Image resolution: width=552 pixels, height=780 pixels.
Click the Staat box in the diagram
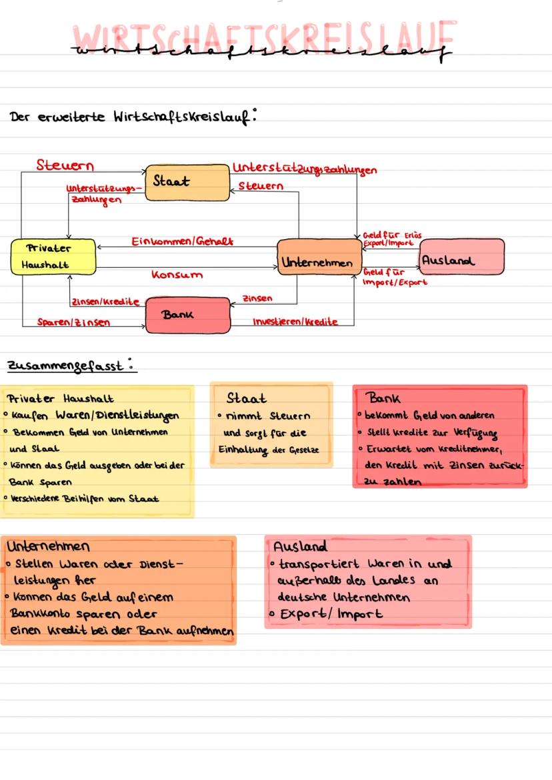point(187,182)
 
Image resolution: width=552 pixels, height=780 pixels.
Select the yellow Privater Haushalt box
point(53,256)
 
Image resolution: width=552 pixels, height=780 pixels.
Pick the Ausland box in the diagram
point(461,256)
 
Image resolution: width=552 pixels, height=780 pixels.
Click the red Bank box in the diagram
point(187,315)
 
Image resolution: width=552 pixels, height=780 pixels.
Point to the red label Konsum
point(177,274)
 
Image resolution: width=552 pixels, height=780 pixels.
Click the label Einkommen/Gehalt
point(183,240)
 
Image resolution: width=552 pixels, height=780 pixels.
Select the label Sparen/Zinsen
point(73,322)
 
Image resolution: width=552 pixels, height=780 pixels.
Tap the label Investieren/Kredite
point(295,322)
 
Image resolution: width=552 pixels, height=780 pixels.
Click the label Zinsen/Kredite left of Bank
point(105,302)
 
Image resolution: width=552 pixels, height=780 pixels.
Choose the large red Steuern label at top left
point(65,165)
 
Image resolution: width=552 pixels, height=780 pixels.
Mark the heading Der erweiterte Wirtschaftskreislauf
point(133,117)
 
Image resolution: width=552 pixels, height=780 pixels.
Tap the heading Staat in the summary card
point(247,398)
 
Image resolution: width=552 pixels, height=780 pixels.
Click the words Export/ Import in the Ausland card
point(331,614)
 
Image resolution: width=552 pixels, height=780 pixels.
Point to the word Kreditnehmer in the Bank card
point(473,450)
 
